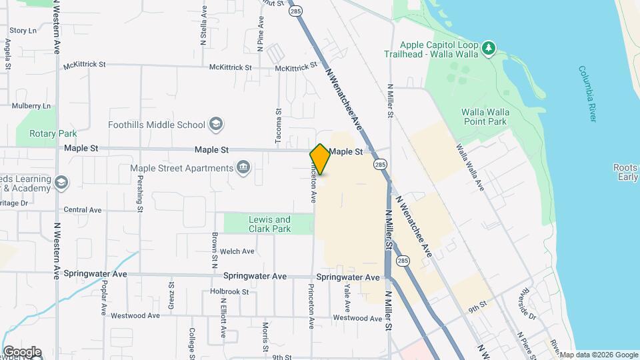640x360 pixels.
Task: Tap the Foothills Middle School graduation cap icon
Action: pyautogui.click(x=216, y=124)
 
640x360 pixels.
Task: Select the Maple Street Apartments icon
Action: pyautogui.click(x=243, y=167)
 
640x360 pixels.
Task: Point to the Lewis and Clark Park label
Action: pyautogui.click(x=269, y=224)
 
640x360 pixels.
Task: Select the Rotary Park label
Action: pyautogui.click(x=53, y=133)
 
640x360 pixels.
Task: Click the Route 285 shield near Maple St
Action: pyautogui.click(x=380, y=165)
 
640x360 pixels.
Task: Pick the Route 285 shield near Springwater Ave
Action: pyautogui.click(x=402, y=261)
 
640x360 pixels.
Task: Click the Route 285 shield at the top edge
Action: pyautogui.click(x=294, y=11)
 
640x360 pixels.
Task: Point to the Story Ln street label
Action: pyautogui.click(x=23, y=31)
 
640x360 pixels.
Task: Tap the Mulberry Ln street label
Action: pyautogui.click(x=31, y=105)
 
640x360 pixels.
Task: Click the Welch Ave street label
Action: pyautogui.click(x=237, y=251)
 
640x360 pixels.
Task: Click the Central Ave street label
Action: pyautogui.click(x=83, y=210)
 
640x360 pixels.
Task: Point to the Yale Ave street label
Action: pyautogui.click(x=347, y=297)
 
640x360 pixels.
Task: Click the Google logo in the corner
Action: pyautogui.click(x=21, y=351)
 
